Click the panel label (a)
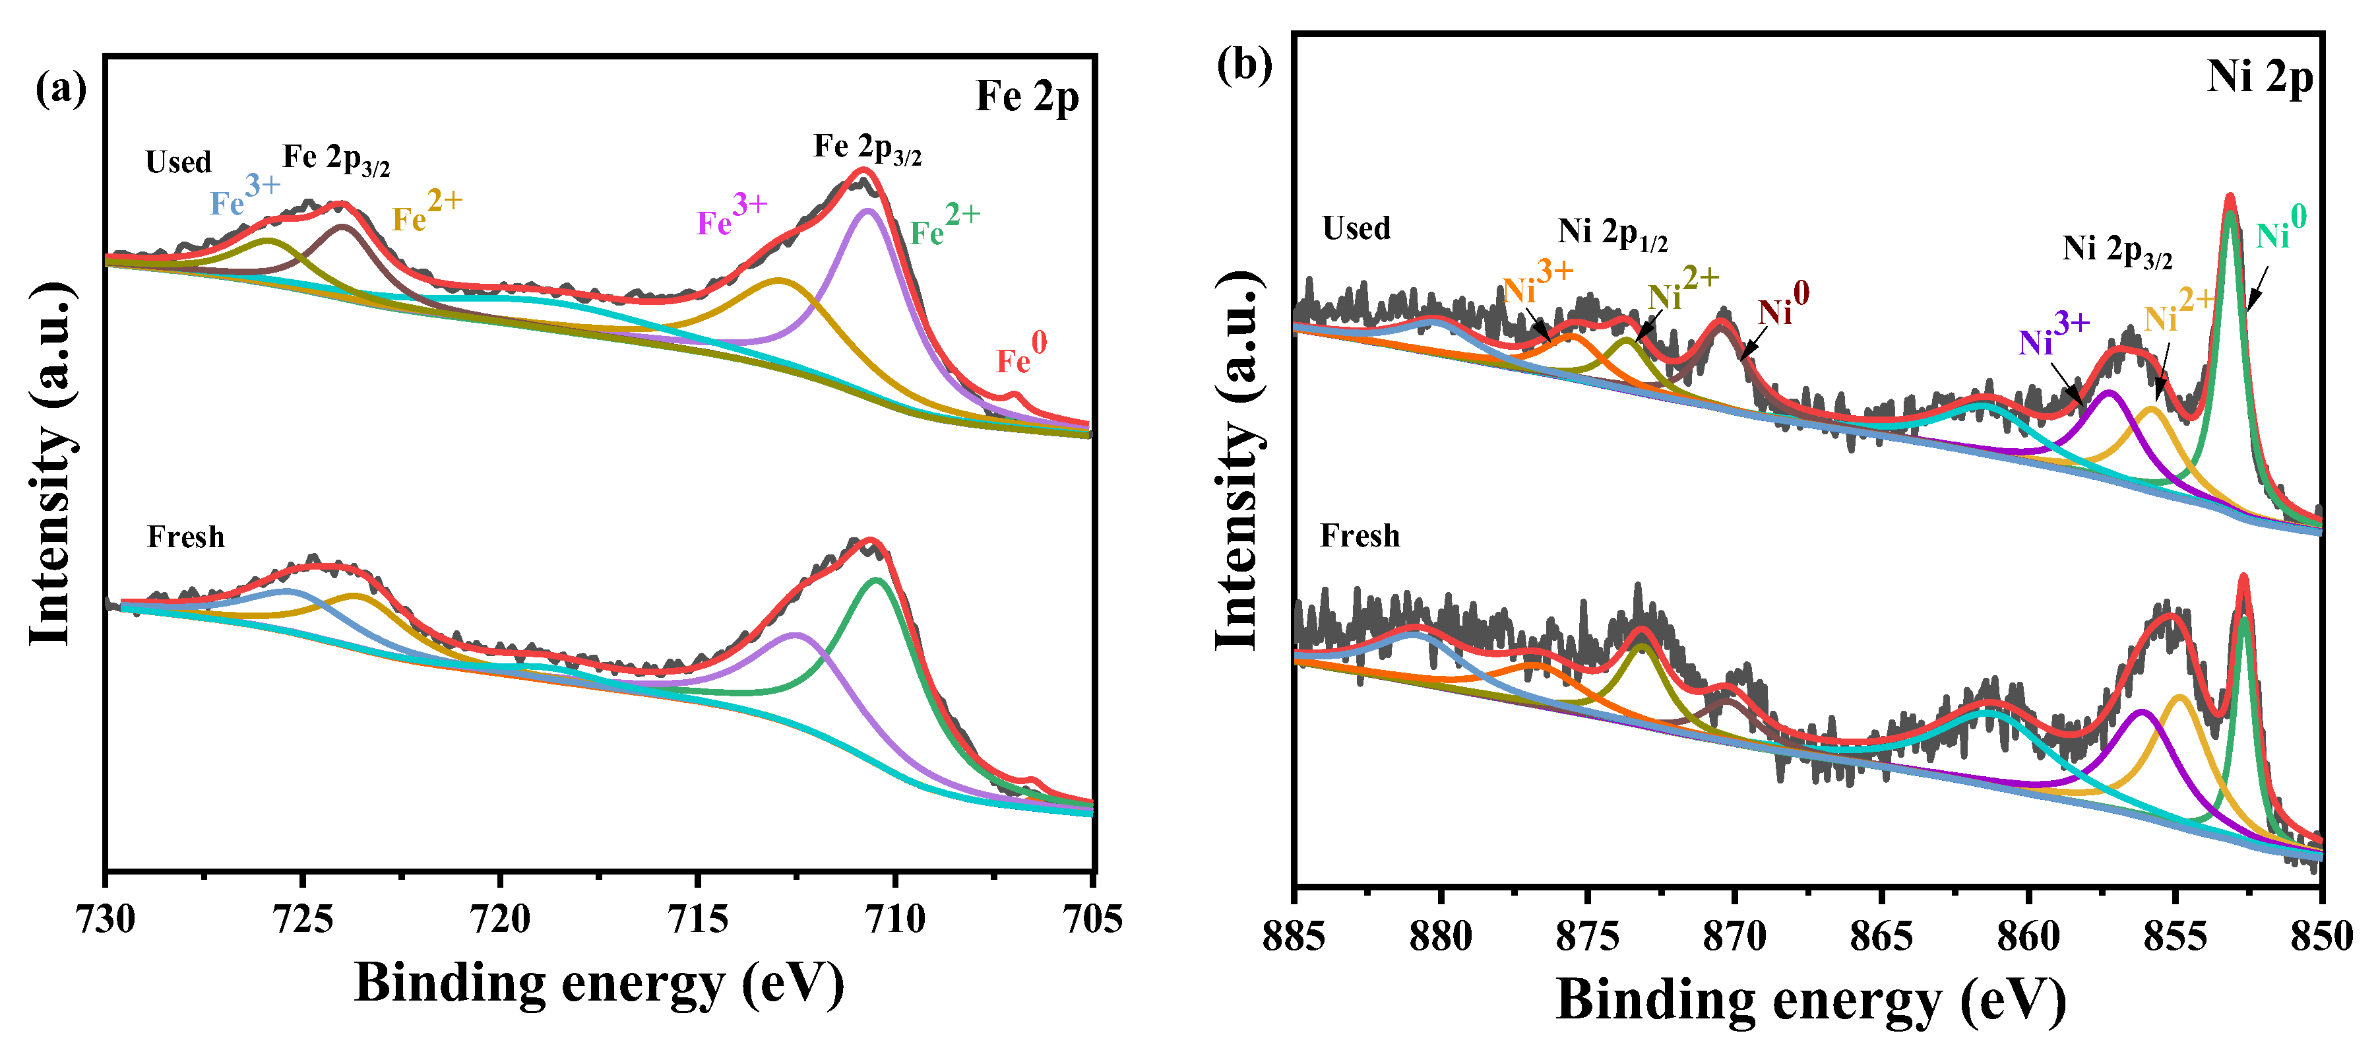[x=61, y=90]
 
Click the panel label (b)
[x=1244, y=65]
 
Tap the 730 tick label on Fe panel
[x=106, y=919]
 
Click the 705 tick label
[x=1092, y=919]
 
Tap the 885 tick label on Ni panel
[x=1294, y=937]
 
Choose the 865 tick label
[x=1881, y=937]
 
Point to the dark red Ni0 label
[x=1782, y=306]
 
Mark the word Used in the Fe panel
[x=178, y=162]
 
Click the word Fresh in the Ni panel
[x=1359, y=537]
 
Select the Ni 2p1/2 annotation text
[x=1611, y=233]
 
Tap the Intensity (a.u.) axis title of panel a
[x=51, y=463]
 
